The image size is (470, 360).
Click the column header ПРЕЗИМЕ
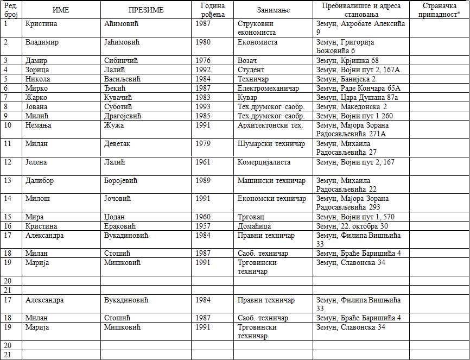(146, 10)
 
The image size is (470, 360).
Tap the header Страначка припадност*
(439, 10)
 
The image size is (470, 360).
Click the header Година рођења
(212, 10)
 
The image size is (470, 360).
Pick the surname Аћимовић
(122, 24)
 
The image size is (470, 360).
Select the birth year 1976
(204, 60)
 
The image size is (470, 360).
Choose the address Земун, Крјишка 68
(347, 60)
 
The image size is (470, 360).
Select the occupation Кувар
(247, 97)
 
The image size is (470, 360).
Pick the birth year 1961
(204, 162)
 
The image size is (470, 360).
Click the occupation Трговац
(251, 217)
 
